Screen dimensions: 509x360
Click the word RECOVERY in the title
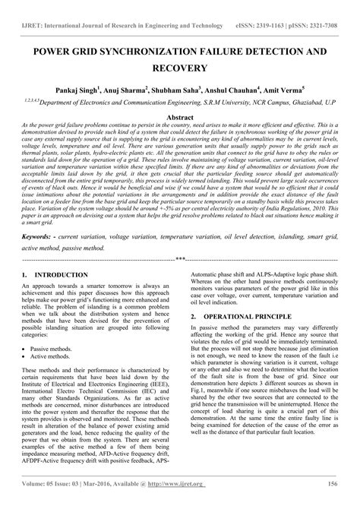[180, 68]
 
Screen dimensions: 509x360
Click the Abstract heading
[180, 119]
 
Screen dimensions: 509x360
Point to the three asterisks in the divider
[180, 237]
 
